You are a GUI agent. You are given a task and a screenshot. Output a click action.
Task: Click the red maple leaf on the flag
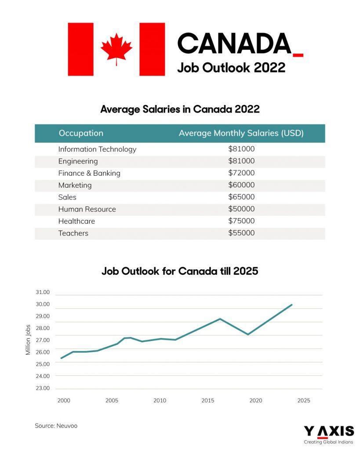116,49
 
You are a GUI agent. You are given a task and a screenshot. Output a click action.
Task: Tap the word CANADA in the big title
234,44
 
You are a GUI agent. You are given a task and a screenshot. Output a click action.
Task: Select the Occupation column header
81,133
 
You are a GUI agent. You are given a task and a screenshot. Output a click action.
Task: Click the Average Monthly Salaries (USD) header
241,133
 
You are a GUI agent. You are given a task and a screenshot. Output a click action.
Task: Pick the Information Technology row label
97,149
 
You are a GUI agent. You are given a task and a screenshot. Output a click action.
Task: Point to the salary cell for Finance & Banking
241,173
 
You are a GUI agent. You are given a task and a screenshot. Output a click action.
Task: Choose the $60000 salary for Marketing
241,185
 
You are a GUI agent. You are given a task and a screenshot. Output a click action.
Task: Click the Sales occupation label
67,197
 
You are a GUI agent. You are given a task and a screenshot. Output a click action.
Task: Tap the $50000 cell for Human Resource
241,209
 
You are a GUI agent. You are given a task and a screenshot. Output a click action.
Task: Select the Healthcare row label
76,221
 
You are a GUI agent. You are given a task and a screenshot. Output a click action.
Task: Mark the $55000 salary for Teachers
241,233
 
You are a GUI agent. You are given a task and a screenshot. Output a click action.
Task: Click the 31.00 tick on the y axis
43,292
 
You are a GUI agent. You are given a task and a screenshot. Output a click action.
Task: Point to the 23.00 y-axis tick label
43,388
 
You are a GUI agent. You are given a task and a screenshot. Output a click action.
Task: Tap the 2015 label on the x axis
208,401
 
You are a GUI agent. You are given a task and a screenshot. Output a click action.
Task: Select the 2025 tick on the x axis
304,401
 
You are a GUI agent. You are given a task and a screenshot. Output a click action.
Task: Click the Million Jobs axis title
28,340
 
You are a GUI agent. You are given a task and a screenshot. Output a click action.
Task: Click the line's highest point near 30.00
291,305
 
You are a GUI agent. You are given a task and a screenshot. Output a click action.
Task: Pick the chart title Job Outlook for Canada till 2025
180,271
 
